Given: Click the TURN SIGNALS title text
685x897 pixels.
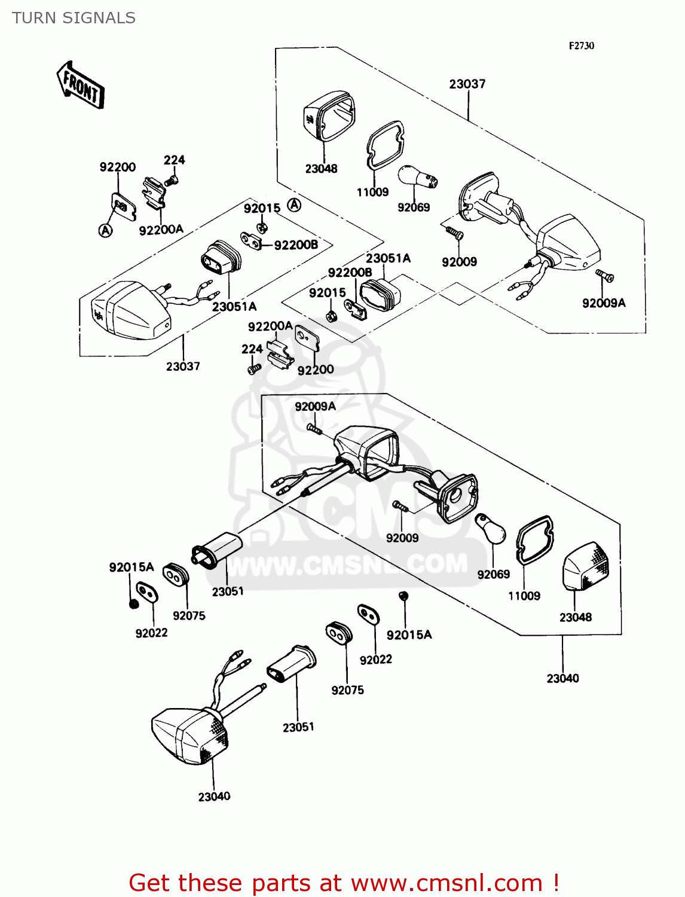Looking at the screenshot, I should pos(74,18).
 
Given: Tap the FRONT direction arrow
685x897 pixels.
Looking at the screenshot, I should pos(81,86).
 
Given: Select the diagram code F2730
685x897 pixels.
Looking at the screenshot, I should pos(581,45).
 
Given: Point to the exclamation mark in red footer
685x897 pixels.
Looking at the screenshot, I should pos(555,883).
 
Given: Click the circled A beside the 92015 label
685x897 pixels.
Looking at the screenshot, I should pos(294,205).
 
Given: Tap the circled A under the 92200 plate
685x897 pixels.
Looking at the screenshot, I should pos(105,230).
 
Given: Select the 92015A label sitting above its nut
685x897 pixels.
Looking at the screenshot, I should pos(131,567).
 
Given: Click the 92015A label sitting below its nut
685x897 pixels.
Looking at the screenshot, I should pos(409,635).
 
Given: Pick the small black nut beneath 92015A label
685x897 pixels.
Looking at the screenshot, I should pos(134,603).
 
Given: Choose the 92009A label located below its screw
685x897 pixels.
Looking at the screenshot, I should pos(604,303).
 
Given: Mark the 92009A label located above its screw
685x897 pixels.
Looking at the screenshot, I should pos(315,407).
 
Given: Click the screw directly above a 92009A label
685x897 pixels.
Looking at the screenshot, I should pos(605,276).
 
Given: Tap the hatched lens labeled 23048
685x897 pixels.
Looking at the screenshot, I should pos(586,566).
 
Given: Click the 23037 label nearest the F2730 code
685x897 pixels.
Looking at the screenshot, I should pos(467,84).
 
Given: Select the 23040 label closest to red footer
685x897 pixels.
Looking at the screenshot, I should pos(214,797).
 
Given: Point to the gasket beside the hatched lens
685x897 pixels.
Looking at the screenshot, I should pos(534,541).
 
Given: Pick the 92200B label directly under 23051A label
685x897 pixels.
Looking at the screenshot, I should pos(350,273).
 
